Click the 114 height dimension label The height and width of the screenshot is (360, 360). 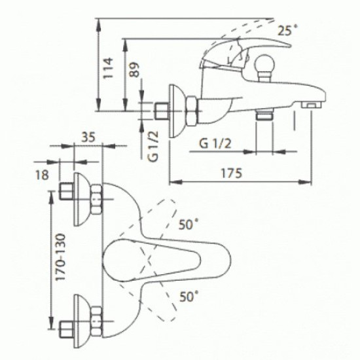(x=108, y=68)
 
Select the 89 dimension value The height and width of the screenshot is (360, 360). (x=134, y=70)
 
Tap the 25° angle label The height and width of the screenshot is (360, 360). (x=287, y=30)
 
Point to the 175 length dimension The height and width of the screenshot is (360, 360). (x=232, y=173)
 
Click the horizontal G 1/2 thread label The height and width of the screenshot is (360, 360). (x=215, y=144)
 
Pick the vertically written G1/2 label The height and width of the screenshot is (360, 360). (x=153, y=146)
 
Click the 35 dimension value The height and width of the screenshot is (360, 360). (x=88, y=137)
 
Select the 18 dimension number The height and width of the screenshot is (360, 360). (x=43, y=175)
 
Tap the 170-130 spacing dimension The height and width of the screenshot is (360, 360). (x=61, y=257)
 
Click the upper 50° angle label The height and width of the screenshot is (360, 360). (x=189, y=224)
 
